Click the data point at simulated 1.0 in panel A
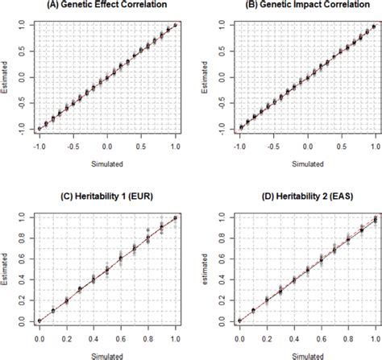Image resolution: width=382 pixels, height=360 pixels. click(x=176, y=25)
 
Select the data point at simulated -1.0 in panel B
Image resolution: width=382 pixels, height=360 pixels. click(x=239, y=128)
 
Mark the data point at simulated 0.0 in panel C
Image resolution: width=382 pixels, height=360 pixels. click(x=39, y=321)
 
